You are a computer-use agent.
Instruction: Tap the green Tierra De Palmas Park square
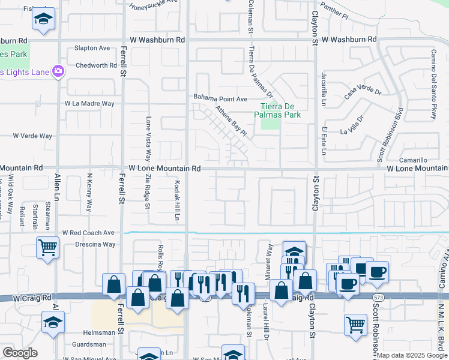271,124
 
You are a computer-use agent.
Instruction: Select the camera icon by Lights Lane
58,71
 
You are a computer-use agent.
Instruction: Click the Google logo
20,352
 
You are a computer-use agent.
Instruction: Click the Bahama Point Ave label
220,98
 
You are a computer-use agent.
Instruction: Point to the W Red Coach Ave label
88,232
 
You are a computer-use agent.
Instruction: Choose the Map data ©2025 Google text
411,355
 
